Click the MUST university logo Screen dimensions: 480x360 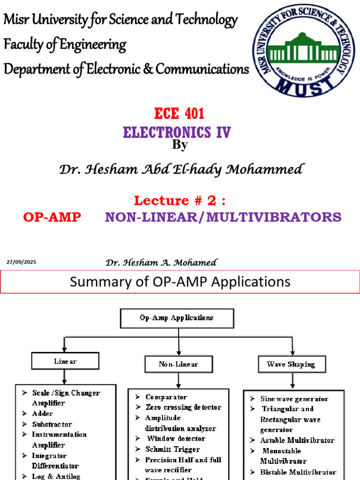(304, 49)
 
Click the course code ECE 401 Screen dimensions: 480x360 (180, 114)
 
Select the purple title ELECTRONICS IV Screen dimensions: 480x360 (177, 132)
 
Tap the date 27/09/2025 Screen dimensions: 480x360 (21, 262)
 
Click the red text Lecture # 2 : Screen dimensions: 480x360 (180, 201)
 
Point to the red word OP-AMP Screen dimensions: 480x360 (52, 217)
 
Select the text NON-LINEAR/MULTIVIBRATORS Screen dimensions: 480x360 (223, 217)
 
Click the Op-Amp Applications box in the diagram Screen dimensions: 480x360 (177, 318)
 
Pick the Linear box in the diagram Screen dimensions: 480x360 (65, 361)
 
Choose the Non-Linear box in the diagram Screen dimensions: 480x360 (178, 364)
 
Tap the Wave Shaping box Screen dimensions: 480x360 (291, 364)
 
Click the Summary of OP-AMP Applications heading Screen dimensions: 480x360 (180, 282)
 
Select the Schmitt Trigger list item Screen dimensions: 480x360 (172, 449)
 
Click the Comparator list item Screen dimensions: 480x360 (166, 397)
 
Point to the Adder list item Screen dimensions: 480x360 (43, 413)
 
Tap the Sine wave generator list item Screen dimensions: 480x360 (294, 399)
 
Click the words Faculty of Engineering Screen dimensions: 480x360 (65, 45)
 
